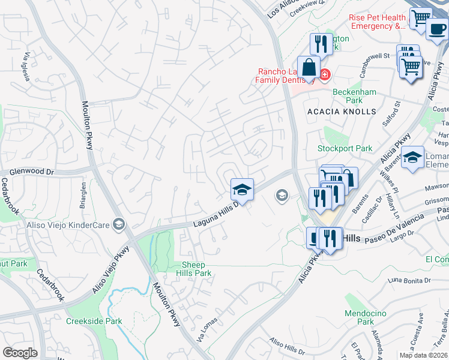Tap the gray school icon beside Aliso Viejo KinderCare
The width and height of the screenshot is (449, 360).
[119, 224]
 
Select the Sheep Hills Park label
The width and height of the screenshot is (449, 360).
[194, 269]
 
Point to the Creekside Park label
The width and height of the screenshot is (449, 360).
[94, 322]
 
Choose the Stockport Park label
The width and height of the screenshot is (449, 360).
[345, 148]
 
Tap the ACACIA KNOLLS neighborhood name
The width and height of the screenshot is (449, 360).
[341, 112]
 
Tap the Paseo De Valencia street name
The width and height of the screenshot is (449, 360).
[396, 233]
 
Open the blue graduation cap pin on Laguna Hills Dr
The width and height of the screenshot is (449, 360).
[242, 190]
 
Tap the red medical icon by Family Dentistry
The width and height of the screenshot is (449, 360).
[325, 74]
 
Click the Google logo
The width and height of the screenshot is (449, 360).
[20, 353]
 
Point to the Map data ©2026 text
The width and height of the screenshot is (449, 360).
[423, 355]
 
